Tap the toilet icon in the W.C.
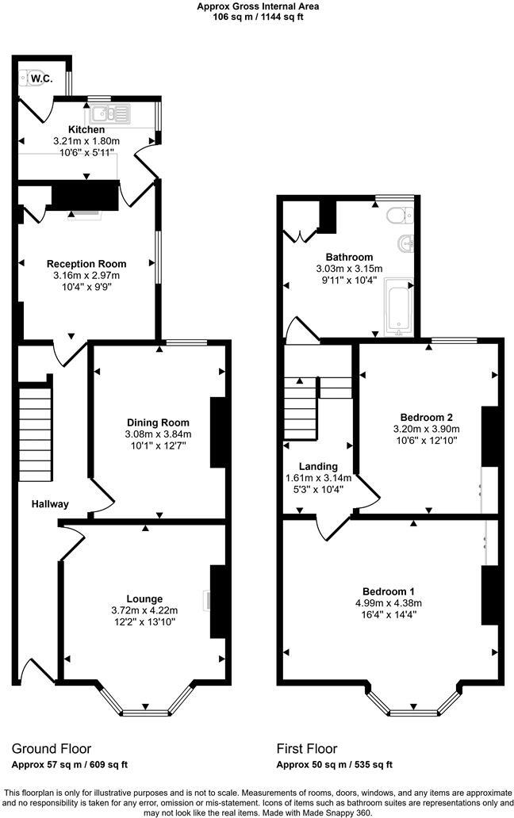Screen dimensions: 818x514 tap(35, 78)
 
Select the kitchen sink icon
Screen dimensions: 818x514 tap(113, 113)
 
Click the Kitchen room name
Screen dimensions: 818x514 tap(86, 129)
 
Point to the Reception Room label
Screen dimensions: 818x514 tap(86, 264)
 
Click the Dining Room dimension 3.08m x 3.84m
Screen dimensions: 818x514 tap(158, 434)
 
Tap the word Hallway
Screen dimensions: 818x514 tap(50, 504)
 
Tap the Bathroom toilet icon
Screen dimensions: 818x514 tap(397, 216)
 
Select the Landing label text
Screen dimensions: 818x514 tap(317, 466)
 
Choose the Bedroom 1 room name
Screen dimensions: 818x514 tap(388, 591)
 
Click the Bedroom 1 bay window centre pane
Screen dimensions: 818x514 tap(412, 713)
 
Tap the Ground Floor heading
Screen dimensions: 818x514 tap(52, 748)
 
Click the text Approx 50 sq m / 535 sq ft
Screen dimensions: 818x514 tap(334, 765)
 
